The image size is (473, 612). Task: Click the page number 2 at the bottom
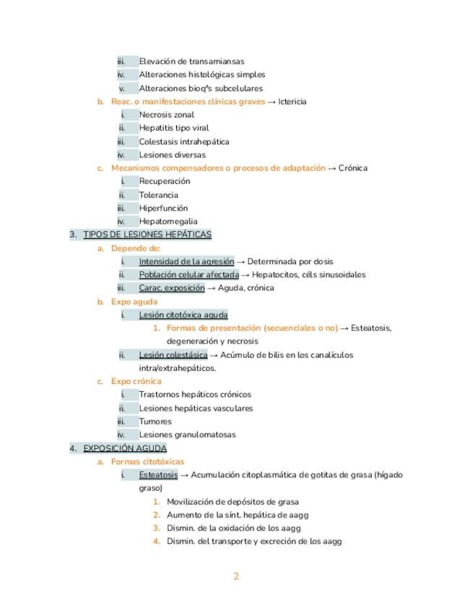point(235,576)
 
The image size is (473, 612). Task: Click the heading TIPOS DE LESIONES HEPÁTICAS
point(147,235)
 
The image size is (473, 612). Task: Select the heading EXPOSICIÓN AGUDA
point(125,448)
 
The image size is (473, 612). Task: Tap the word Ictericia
point(292,102)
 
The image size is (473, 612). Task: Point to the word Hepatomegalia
point(168,222)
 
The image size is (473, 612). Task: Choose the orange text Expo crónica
point(136,381)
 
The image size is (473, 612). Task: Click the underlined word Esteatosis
point(158,475)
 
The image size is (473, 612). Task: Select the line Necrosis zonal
point(167,115)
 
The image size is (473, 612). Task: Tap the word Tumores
point(155,421)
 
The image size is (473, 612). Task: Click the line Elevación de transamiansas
point(191,61)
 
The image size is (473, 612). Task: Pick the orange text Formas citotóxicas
point(147,462)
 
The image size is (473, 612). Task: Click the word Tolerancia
point(159,195)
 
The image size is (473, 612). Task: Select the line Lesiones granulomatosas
point(187,434)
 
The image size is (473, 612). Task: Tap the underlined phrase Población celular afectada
point(189,275)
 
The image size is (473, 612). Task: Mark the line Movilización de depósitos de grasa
point(233,502)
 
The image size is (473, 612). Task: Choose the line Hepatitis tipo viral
point(174,128)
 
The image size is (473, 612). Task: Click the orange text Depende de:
point(136,248)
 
